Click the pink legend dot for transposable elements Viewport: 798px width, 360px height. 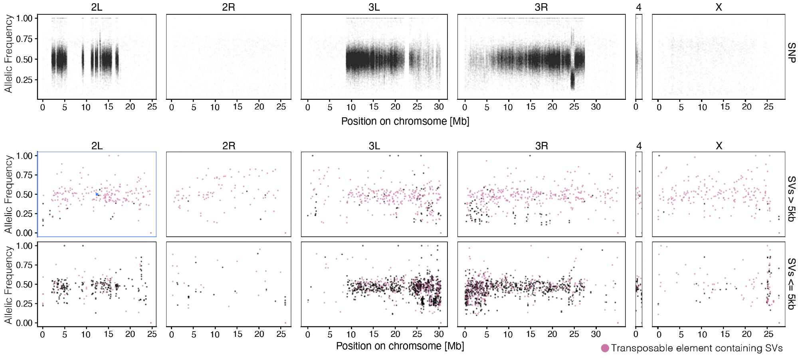pyautogui.click(x=605, y=348)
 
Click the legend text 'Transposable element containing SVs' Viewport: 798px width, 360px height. pyautogui.click(x=697, y=348)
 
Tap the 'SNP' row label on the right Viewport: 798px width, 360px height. pyautogui.click(x=791, y=53)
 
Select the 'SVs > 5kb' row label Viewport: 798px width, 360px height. pyautogui.click(x=791, y=199)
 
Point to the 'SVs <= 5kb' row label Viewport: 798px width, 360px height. pyautogui.click(x=791, y=284)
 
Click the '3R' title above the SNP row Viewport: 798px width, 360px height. pyautogui.click(x=541, y=7)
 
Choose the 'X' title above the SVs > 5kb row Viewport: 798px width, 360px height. pyautogui.click(x=719, y=146)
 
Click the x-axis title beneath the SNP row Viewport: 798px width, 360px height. pyautogui.click(x=405, y=121)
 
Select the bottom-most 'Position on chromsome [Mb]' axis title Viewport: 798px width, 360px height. pyautogui.click(x=400, y=346)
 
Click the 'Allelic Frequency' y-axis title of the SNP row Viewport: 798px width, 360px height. pyautogui.click(x=8, y=54)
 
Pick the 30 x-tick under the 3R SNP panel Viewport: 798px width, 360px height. pyautogui.click(x=596, y=107)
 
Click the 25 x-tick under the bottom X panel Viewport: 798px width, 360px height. pyautogui.click(x=768, y=334)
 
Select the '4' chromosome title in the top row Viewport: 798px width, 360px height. pyautogui.click(x=639, y=7)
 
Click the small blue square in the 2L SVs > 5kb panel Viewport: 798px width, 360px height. pyautogui.click(x=97, y=194)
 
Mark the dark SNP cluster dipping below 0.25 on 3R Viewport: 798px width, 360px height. pyautogui.click(x=572, y=81)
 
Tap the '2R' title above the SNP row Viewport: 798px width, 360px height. pyautogui.click(x=228, y=7)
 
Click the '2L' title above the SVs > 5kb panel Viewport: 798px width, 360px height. pyautogui.click(x=97, y=146)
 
